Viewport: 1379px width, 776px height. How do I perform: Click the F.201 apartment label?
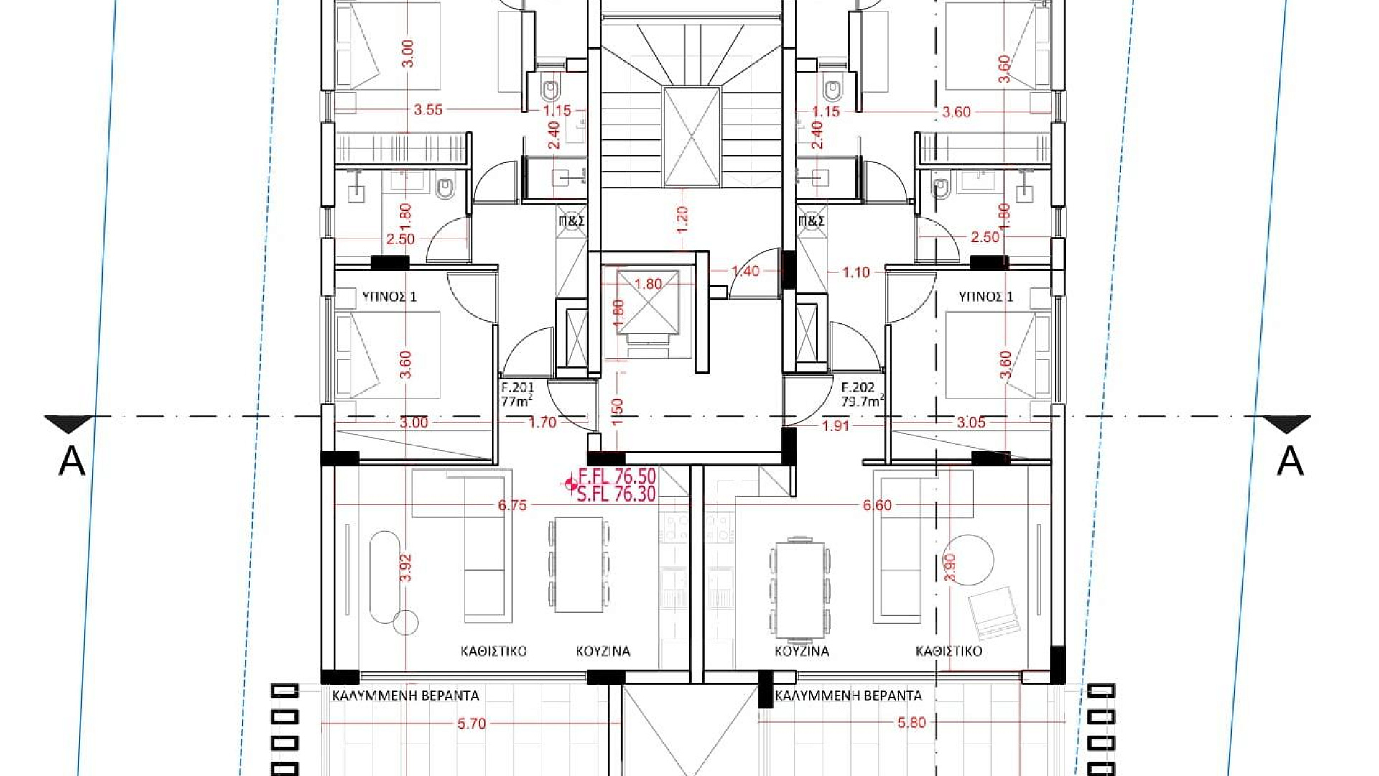coord(517,387)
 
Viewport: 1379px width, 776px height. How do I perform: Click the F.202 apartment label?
coord(858,387)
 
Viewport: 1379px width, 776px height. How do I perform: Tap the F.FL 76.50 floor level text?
coord(617,477)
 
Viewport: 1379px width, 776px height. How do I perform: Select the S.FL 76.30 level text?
coord(616,494)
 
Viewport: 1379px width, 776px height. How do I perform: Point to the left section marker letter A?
coord(72,461)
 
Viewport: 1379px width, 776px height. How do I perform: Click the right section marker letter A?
coord(1290,461)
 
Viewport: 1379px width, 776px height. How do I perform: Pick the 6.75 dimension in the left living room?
coord(512,506)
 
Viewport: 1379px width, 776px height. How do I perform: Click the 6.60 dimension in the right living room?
coord(877,506)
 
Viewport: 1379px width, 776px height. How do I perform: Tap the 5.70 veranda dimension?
coord(472,724)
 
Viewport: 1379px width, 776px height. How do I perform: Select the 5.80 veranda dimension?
coord(911,723)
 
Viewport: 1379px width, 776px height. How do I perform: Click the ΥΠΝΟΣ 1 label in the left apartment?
coord(389,296)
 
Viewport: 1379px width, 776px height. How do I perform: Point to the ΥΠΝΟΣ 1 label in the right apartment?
coord(986,296)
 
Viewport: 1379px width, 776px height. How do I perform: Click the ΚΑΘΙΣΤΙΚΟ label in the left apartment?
coord(493,651)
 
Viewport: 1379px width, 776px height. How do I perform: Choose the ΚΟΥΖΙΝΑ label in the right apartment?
coord(802,651)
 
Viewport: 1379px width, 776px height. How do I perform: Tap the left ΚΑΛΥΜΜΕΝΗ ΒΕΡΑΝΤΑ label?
coord(405,696)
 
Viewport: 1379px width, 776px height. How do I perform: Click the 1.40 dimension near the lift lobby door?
coord(746,271)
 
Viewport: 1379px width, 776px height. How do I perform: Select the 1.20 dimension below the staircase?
coord(682,218)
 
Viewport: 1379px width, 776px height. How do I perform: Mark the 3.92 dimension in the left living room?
coord(407,568)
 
